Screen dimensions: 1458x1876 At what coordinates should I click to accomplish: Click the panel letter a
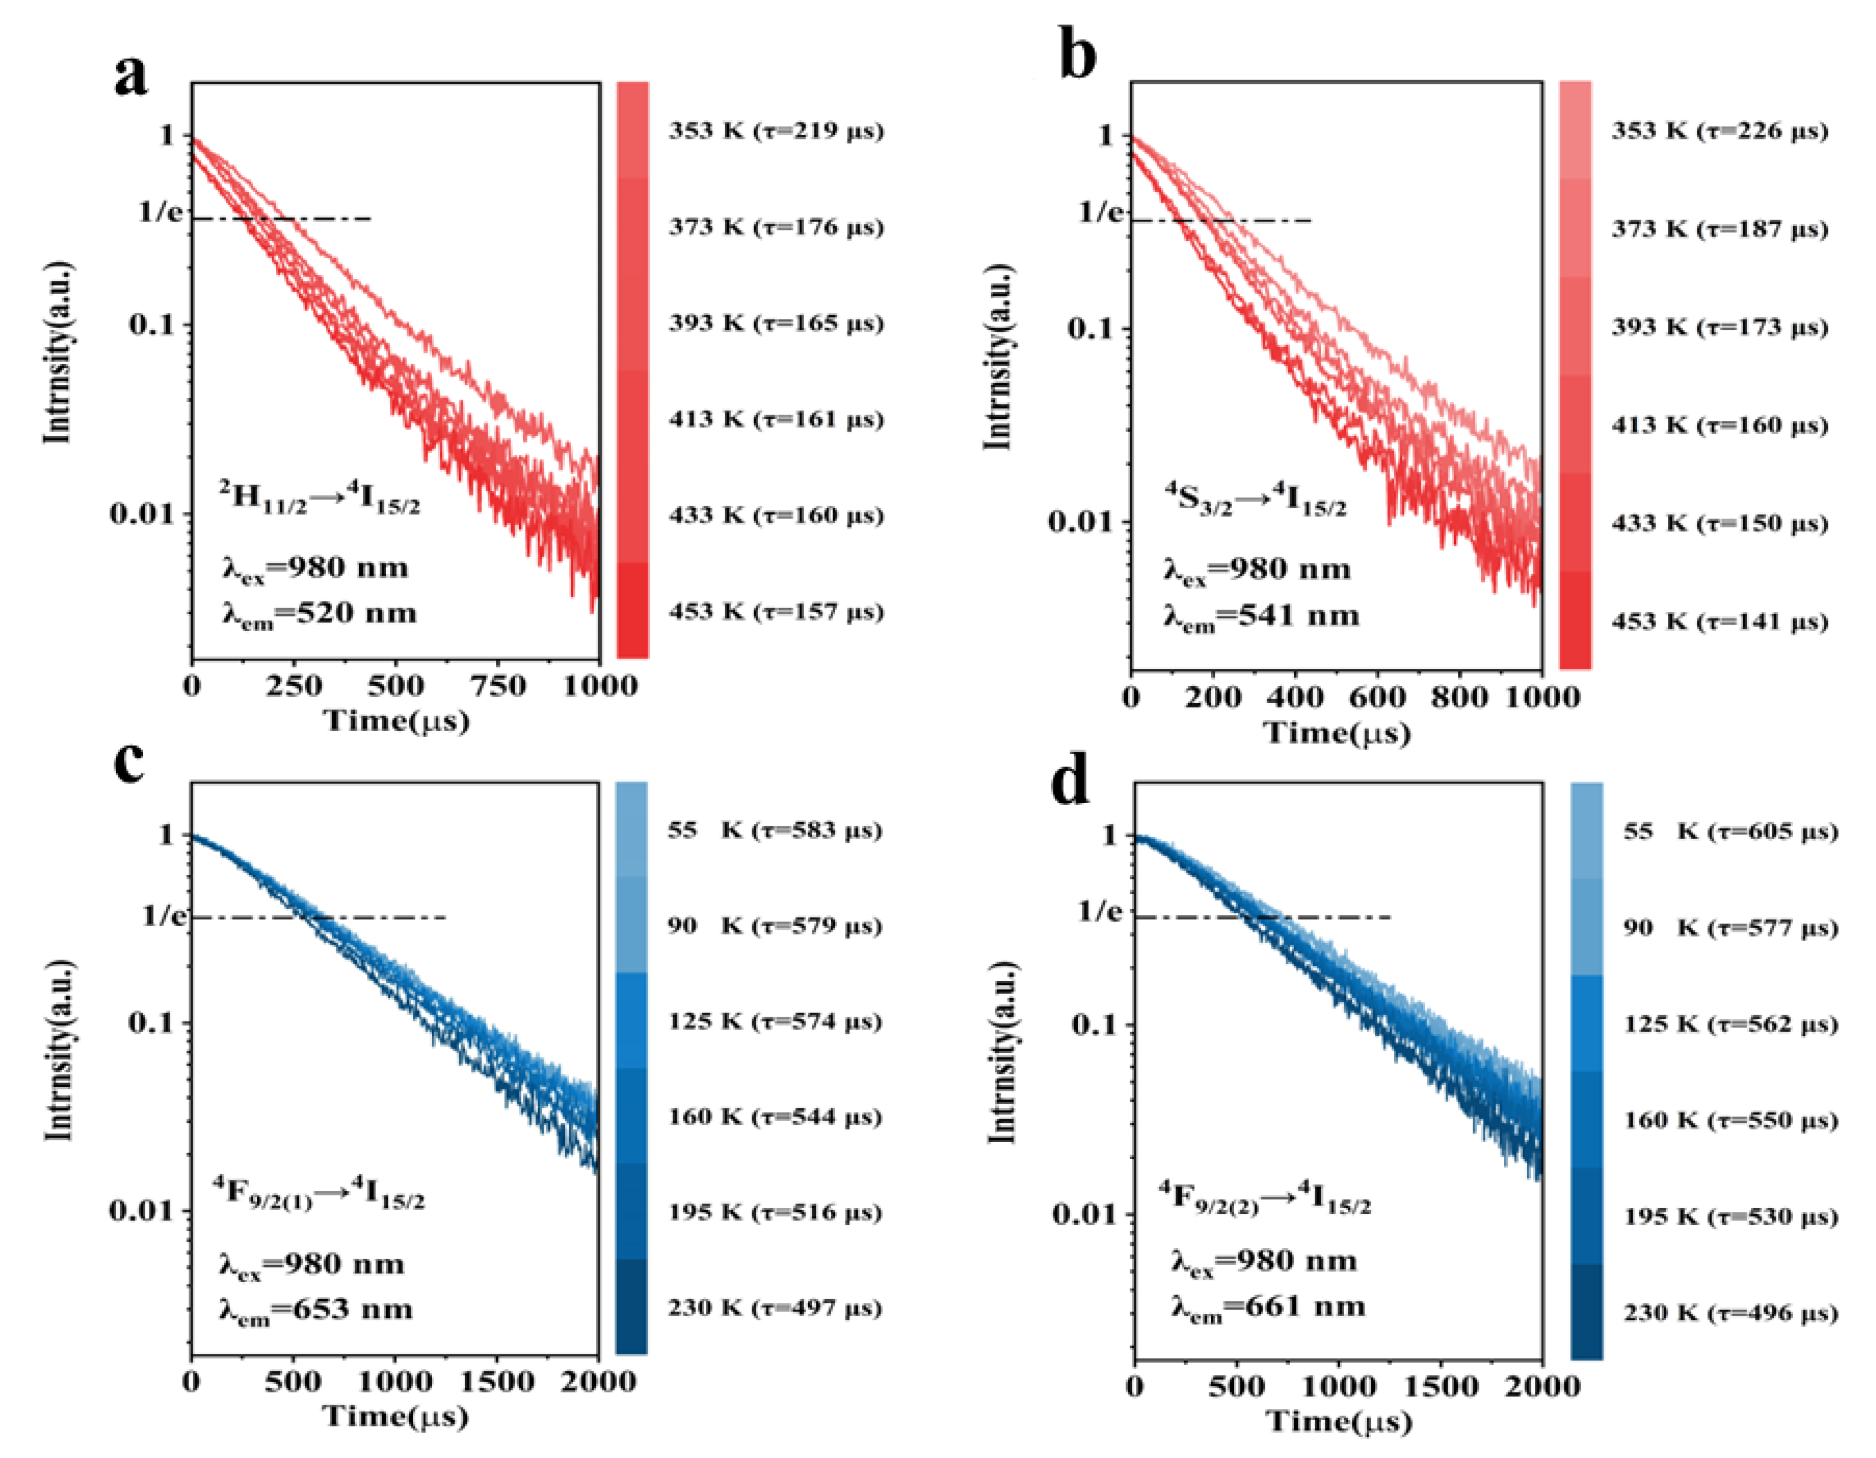(131, 76)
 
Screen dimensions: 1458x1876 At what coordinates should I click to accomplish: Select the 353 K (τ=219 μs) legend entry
(776, 131)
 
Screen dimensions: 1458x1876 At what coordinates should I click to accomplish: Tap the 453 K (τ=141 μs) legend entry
(1719, 621)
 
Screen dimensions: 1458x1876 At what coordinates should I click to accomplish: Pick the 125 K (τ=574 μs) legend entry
(775, 1021)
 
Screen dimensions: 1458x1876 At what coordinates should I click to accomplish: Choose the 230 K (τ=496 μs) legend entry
(1730, 1313)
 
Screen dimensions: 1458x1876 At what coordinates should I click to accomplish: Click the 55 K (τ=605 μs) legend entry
(1730, 832)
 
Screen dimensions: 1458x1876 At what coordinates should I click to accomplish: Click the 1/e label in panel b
(1100, 212)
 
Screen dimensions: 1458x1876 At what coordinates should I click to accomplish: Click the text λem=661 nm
(1268, 1307)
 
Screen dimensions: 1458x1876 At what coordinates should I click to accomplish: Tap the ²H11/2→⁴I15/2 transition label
(319, 498)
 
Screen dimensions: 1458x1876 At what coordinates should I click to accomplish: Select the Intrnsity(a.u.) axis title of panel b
(998, 356)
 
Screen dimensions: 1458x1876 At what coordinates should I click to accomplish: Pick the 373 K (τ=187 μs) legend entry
(1719, 229)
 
